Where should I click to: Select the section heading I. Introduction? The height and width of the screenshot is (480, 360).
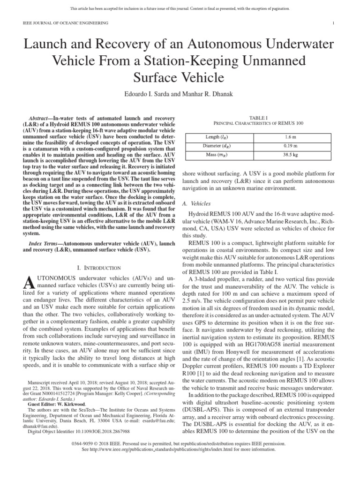pyautogui.click(x=99, y=268)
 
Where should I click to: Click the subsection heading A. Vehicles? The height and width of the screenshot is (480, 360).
pyautogui.click(x=196, y=204)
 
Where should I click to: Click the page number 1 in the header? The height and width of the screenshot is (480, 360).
pyautogui.click(x=333, y=23)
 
